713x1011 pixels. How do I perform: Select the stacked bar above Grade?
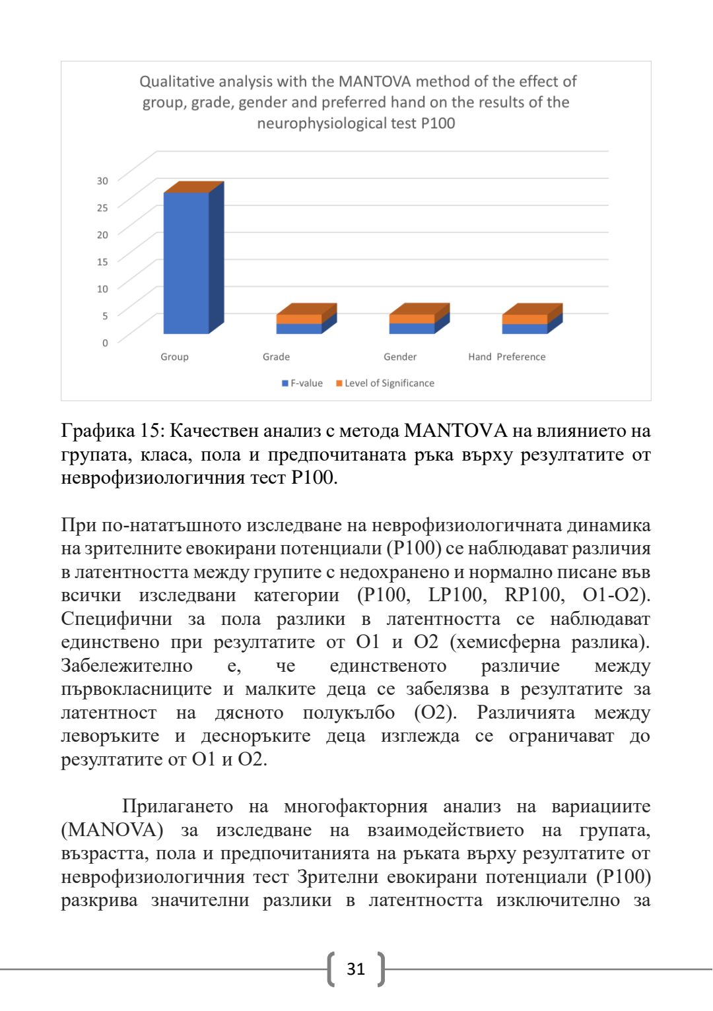pyautogui.click(x=299, y=323)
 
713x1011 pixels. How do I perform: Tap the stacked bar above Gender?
pyautogui.click(x=412, y=323)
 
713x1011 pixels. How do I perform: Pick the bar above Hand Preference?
pyautogui.click(x=525, y=323)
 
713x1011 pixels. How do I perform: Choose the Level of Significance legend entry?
pyautogui.click(x=385, y=383)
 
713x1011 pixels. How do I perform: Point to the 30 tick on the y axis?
pyautogui.click(x=102, y=181)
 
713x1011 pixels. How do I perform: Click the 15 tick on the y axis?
pyautogui.click(x=102, y=262)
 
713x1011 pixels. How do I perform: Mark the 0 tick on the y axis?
pyautogui.click(x=104, y=343)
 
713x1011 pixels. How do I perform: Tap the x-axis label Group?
pyautogui.click(x=174, y=357)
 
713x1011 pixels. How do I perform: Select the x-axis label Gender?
pyautogui.click(x=400, y=357)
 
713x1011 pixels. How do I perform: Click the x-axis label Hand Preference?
pyautogui.click(x=506, y=357)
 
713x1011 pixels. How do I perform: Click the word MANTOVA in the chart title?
pyautogui.click(x=374, y=82)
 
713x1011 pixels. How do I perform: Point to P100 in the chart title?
pyautogui.click(x=438, y=123)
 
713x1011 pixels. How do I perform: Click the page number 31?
pyautogui.click(x=356, y=969)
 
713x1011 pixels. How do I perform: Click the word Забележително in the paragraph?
pyautogui.click(x=127, y=666)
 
